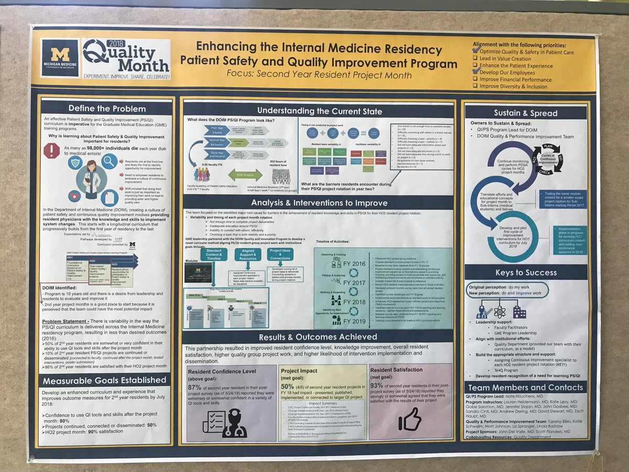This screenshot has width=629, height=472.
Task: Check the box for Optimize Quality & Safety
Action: coord(476,52)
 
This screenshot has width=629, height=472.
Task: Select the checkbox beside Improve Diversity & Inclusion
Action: coord(475,86)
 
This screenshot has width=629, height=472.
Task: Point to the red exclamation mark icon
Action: coord(52,151)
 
